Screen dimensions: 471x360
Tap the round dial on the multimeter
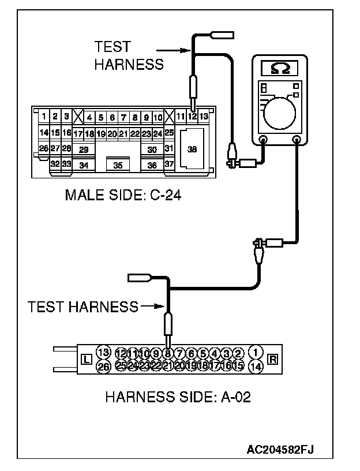pos(279,110)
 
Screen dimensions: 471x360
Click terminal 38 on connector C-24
pos(192,148)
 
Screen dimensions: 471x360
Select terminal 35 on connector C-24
pos(118,165)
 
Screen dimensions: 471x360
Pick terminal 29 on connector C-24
pos(84,149)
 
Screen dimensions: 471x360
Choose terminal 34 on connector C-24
pos(84,165)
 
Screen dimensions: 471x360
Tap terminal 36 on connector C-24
pos(152,165)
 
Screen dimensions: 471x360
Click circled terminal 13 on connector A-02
pos(103,353)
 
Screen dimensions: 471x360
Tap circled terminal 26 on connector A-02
pos(103,366)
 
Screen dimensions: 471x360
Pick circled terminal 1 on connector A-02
pos(256,353)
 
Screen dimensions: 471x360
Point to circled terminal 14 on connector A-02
pos(256,366)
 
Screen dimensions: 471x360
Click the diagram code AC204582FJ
pos(283,448)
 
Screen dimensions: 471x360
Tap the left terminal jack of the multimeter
pos(262,139)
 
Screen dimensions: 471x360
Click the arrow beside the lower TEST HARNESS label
pos(151,306)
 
